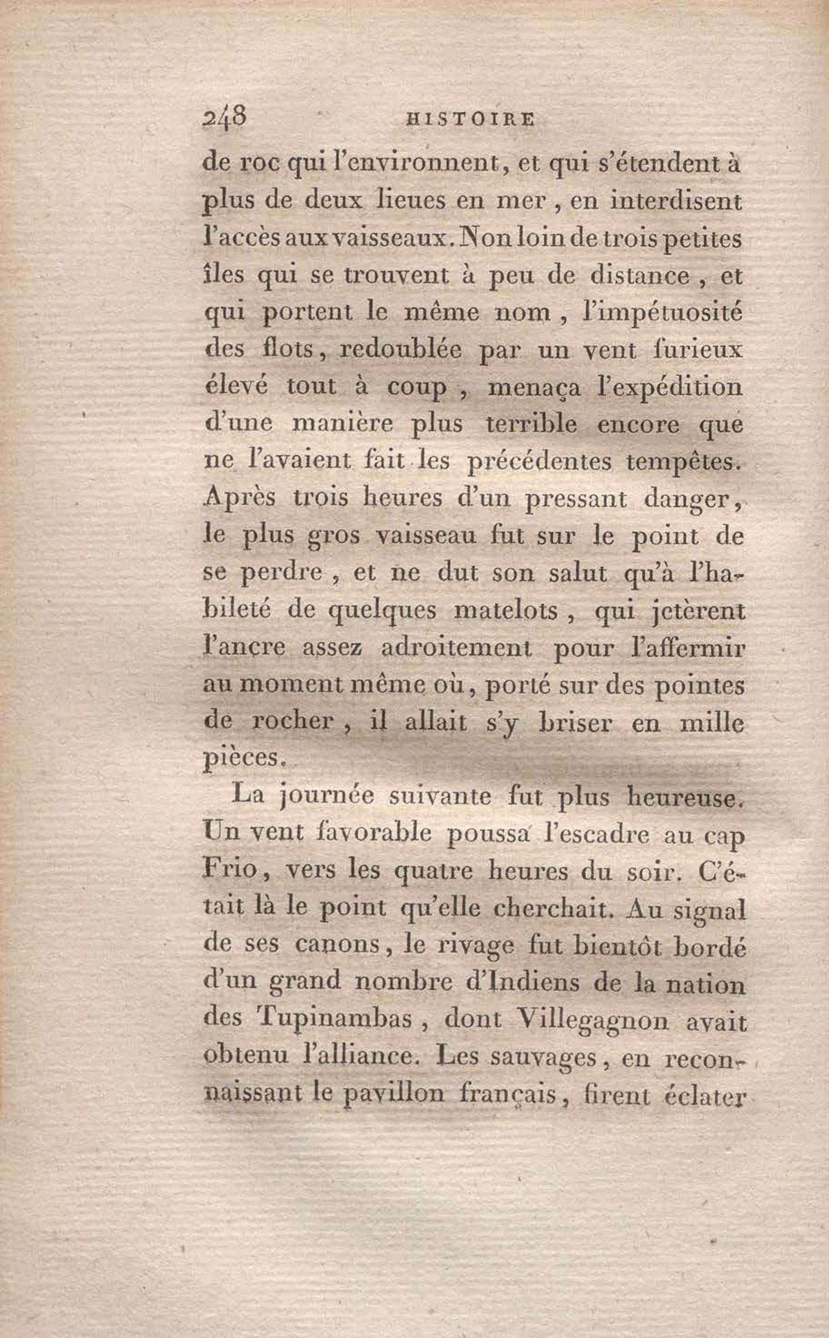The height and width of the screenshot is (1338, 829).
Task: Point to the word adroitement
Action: click(456, 649)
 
